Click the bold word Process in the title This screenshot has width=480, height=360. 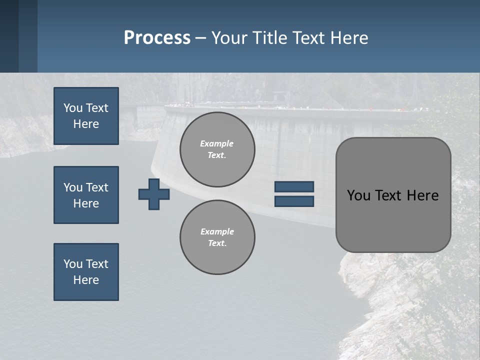pyautogui.click(x=157, y=38)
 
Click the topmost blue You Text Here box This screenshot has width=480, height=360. pyautogui.click(x=86, y=116)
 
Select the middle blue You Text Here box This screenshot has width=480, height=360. pyautogui.click(x=86, y=195)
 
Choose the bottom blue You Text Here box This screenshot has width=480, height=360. pyautogui.click(x=86, y=272)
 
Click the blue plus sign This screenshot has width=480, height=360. pyautogui.click(x=154, y=194)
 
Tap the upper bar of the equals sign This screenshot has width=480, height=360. pyautogui.click(x=294, y=186)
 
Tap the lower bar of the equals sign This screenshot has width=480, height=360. pyautogui.click(x=294, y=201)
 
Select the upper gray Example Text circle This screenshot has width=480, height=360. pyautogui.click(x=217, y=149)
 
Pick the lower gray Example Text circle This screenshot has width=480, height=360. pyautogui.click(x=217, y=237)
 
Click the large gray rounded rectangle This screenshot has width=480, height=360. pyautogui.click(x=393, y=195)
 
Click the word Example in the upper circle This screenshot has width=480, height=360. pyautogui.click(x=217, y=143)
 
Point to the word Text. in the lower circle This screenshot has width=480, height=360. pyautogui.click(x=217, y=243)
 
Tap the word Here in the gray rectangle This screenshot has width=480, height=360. pyautogui.click(x=422, y=195)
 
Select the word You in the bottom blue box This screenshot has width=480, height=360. pyautogui.click(x=73, y=264)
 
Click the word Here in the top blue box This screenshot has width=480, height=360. pyautogui.click(x=86, y=124)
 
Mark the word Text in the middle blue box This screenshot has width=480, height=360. pyautogui.click(x=97, y=187)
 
